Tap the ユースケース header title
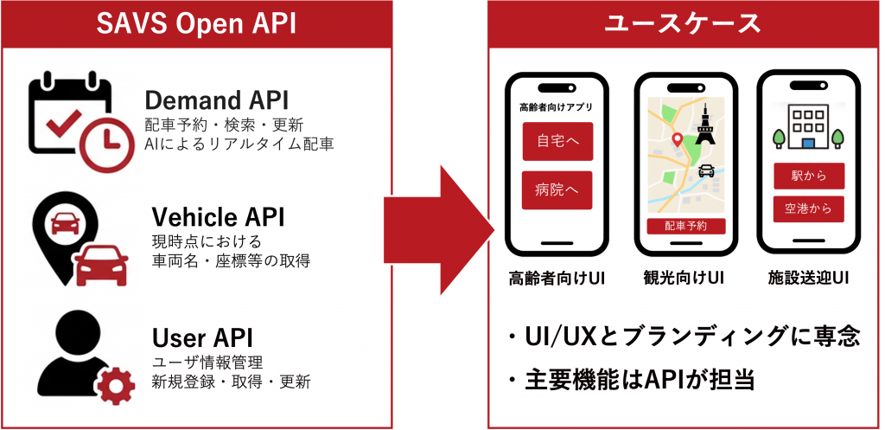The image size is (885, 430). [682, 23]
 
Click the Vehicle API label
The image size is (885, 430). [218, 215]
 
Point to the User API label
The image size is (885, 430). [202, 336]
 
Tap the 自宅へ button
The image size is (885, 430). [557, 141]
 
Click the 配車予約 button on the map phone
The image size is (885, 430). [685, 227]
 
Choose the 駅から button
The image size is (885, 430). [809, 176]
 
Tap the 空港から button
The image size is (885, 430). [809, 209]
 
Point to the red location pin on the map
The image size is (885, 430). [678, 140]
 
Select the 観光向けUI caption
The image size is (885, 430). [684, 278]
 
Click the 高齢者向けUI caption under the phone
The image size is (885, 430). [557, 278]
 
